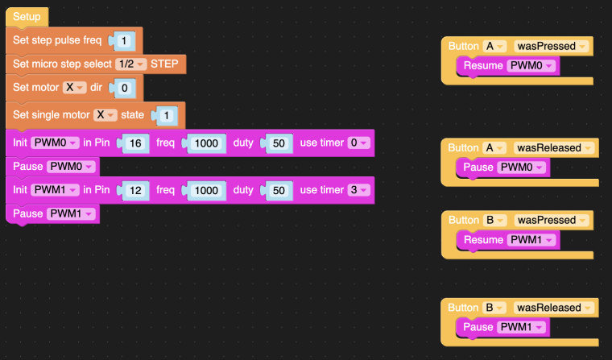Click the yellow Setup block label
pos(27,17)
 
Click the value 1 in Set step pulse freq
pos(124,41)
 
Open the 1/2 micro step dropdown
pos(130,64)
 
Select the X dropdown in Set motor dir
pos(75,88)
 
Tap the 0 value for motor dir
pos(125,88)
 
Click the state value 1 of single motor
pos(167,116)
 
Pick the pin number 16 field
pos(135,143)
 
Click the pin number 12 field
pos(135,191)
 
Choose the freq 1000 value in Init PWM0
pos(206,143)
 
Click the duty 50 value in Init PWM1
pos(279,191)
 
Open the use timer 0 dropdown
pos(358,143)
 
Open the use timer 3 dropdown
pos(358,190)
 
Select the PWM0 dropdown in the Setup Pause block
pos(71,167)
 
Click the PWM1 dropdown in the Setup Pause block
pos(71,214)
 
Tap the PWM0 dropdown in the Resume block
pos(531,65)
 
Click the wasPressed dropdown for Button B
pos(552,220)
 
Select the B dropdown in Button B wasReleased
pos(494,308)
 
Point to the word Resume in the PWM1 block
pos(483,240)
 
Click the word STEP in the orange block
pos(164,64)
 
